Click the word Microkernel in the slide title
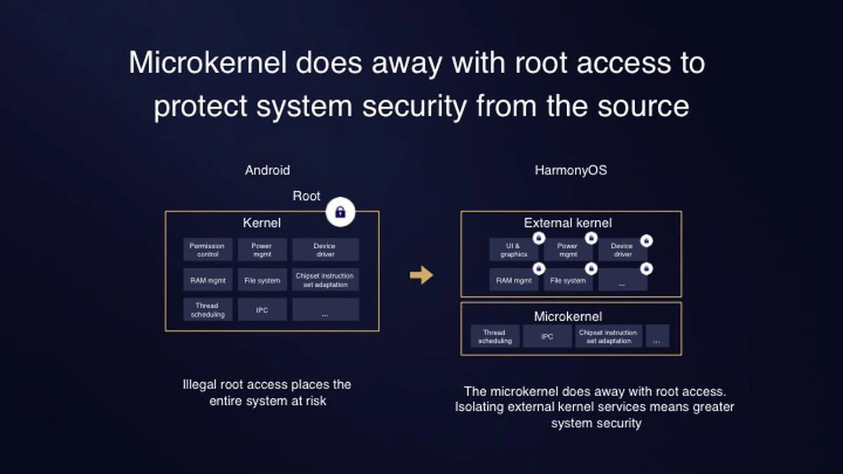coord(207,63)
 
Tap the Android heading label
coord(267,170)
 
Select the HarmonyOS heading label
coord(570,170)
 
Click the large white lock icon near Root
coord(340,212)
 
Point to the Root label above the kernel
coord(306,196)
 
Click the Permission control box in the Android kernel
coord(207,250)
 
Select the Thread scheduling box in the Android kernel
coord(207,310)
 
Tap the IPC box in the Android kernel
coord(262,310)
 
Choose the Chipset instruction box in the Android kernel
coord(325,280)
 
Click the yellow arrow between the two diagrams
coord(421,275)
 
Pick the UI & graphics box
coord(513,250)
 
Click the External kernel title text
coord(567,223)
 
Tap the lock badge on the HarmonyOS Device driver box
coord(646,241)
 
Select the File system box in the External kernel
coord(568,280)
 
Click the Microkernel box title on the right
coord(568,316)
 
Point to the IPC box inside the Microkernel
coord(547,337)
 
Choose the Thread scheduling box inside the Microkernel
coord(495,337)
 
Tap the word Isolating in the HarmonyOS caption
coord(479,407)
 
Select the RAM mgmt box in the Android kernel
coord(207,280)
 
